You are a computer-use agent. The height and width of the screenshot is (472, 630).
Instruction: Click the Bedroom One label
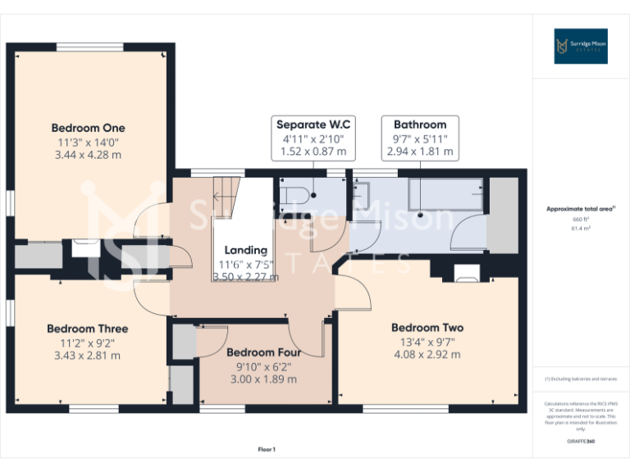coord(88,128)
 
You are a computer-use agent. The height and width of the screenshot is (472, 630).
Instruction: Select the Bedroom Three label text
coord(87,329)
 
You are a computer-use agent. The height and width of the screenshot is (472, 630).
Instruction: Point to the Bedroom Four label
coord(263,353)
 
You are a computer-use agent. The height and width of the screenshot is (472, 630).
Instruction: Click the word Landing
coord(246,250)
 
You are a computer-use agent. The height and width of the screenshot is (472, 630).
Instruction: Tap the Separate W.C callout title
coord(313,125)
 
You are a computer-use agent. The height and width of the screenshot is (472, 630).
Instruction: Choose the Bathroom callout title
coord(419,125)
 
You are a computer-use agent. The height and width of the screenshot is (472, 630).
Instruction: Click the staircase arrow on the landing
coord(219,196)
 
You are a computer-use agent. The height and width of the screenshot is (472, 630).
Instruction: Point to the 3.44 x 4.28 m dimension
coord(88,154)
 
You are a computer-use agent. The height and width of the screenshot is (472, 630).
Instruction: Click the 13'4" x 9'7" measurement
coord(427,342)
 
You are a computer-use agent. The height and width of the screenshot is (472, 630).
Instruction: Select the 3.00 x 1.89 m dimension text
coord(263,379)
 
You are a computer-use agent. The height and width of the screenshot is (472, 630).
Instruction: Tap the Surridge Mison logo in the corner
coord(580,46)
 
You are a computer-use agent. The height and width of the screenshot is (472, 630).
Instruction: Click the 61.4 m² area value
coord(582,229)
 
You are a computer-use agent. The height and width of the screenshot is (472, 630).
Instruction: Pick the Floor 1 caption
coord(267,449)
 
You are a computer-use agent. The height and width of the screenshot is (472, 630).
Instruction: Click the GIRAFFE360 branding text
coord(582,442)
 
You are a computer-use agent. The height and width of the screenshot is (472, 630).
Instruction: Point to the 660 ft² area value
coord(582,220)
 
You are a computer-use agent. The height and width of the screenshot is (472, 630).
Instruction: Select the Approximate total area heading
coord(581,209)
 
